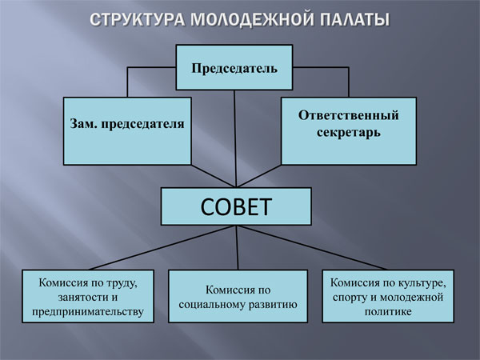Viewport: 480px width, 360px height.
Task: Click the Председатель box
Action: coord(234,67)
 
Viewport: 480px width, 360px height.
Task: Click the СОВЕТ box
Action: coord(235,207)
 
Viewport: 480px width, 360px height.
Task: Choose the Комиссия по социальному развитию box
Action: coord(238,296)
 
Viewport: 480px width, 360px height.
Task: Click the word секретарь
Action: coord(348,132)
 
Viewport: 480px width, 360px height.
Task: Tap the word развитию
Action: coord(270,304)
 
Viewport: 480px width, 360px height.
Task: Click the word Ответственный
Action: coord(348,115)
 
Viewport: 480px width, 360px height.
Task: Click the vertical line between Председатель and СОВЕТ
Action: coord(234,136)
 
